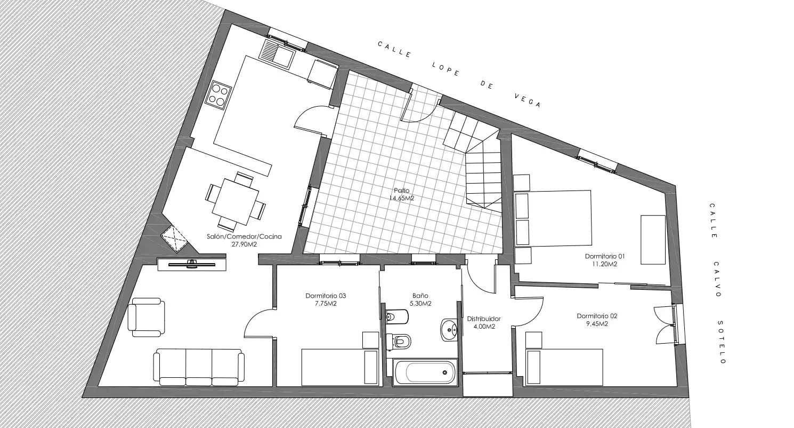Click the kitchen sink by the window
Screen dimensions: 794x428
[x=277, y=54]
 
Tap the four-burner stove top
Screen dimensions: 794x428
[x=218, y=95]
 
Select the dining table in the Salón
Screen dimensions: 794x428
[x=236, y=202]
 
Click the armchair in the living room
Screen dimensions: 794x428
[x=146, y=318]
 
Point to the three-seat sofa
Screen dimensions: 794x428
[x=199, y=367]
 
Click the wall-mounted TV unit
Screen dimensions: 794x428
[x=192, y=264]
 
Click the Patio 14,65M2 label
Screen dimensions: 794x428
[x=402, y=194]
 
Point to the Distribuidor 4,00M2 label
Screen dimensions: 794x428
[x=484, y=322]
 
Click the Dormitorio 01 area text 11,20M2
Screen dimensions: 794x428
[x=605, y=264]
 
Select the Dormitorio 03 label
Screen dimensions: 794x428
[x=326, y=296]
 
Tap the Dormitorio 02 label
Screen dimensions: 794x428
[x=597, y=316]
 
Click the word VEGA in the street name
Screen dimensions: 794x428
[x=528, y=100]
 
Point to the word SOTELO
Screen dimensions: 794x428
[x=722, y=342]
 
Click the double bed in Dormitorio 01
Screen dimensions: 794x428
[x=553, y=218]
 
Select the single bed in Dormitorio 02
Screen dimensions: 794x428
[x=565, y=367]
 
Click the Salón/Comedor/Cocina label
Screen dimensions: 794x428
[x=244, y=237]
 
